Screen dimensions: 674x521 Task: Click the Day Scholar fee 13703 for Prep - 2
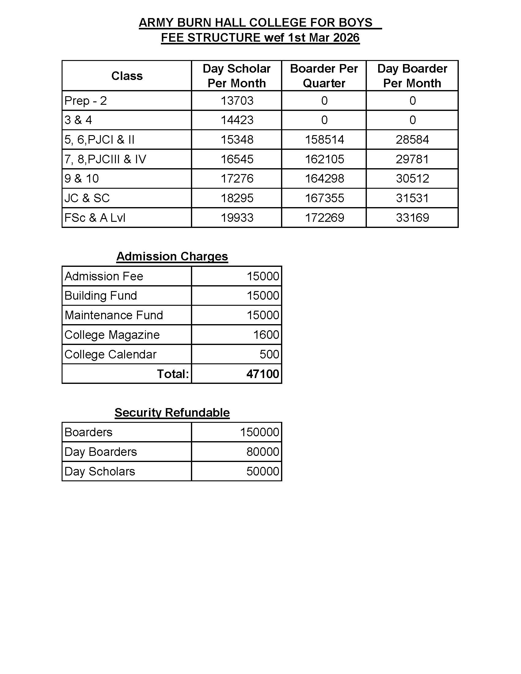pyautogui.click(x=237, y=100)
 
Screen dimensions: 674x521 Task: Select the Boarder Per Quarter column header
pyautogui.click(x=324, y=76)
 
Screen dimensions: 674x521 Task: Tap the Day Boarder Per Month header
pyautogui.click(x=412, y=76)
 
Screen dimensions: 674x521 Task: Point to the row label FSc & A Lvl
pyautogui.click(x=95, y=218)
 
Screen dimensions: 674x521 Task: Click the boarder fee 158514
pyautogui.click(x=324, y=139)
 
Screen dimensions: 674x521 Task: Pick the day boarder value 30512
pyautogui.click(x=412, y=178)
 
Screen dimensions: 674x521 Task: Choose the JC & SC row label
pyautogui.click(x=87, y=198)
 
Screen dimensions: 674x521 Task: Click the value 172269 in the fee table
pyautogui.click(x=324, y=218)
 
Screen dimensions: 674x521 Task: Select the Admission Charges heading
pyautogui.click(x=172, y=256)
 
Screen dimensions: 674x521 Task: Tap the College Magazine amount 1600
pyautogui.click(x=266, y=335)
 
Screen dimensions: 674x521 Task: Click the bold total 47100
pyautogui.click(x=263, y=374)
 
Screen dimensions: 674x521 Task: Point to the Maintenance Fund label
pyautogui.click(x=114, y=315)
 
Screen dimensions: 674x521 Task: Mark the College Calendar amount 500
pyautogui.click(x=269, y=354)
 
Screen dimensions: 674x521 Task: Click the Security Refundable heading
pyautogui.click(x=172, y=413)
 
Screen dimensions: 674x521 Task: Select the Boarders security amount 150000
pyautogui.click(x=259, y=432)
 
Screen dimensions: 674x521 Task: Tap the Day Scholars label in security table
pyautogui.click(x=100, y=471)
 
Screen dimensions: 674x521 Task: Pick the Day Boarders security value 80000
pyautogui.click(x=263, y=452)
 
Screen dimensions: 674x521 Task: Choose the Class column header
pyautogui.click(x=127, y=76)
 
